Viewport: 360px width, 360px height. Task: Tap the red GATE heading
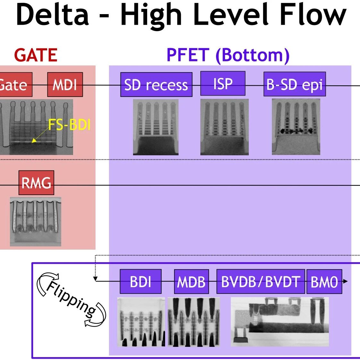tap(36, 55)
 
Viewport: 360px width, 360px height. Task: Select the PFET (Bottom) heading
tap(228, 56)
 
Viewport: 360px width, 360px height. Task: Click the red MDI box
tap(65, 84)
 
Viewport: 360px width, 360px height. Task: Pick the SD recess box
tap(156, 84)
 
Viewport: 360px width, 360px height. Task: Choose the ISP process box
tap(223, 83)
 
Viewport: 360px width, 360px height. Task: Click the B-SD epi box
tap(295, 84)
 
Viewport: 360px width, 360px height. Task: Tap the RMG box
tap(36, 183)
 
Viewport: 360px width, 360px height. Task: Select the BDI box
tap(140, 281)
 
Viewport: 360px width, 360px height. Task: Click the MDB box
tap(191, 281)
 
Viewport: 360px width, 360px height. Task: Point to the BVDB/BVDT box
tap(261, 281)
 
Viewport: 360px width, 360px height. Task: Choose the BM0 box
tap(324, 281)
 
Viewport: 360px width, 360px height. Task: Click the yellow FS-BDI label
tap(69, 125)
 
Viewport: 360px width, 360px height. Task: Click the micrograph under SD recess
tap(156, 127)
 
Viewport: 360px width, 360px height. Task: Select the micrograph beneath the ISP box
tap(224, 127)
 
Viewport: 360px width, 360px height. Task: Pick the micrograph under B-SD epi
tap(296, 127)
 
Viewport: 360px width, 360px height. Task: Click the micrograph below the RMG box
tap(36, 221)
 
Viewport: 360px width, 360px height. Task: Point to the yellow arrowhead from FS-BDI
tap(34, 141)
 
